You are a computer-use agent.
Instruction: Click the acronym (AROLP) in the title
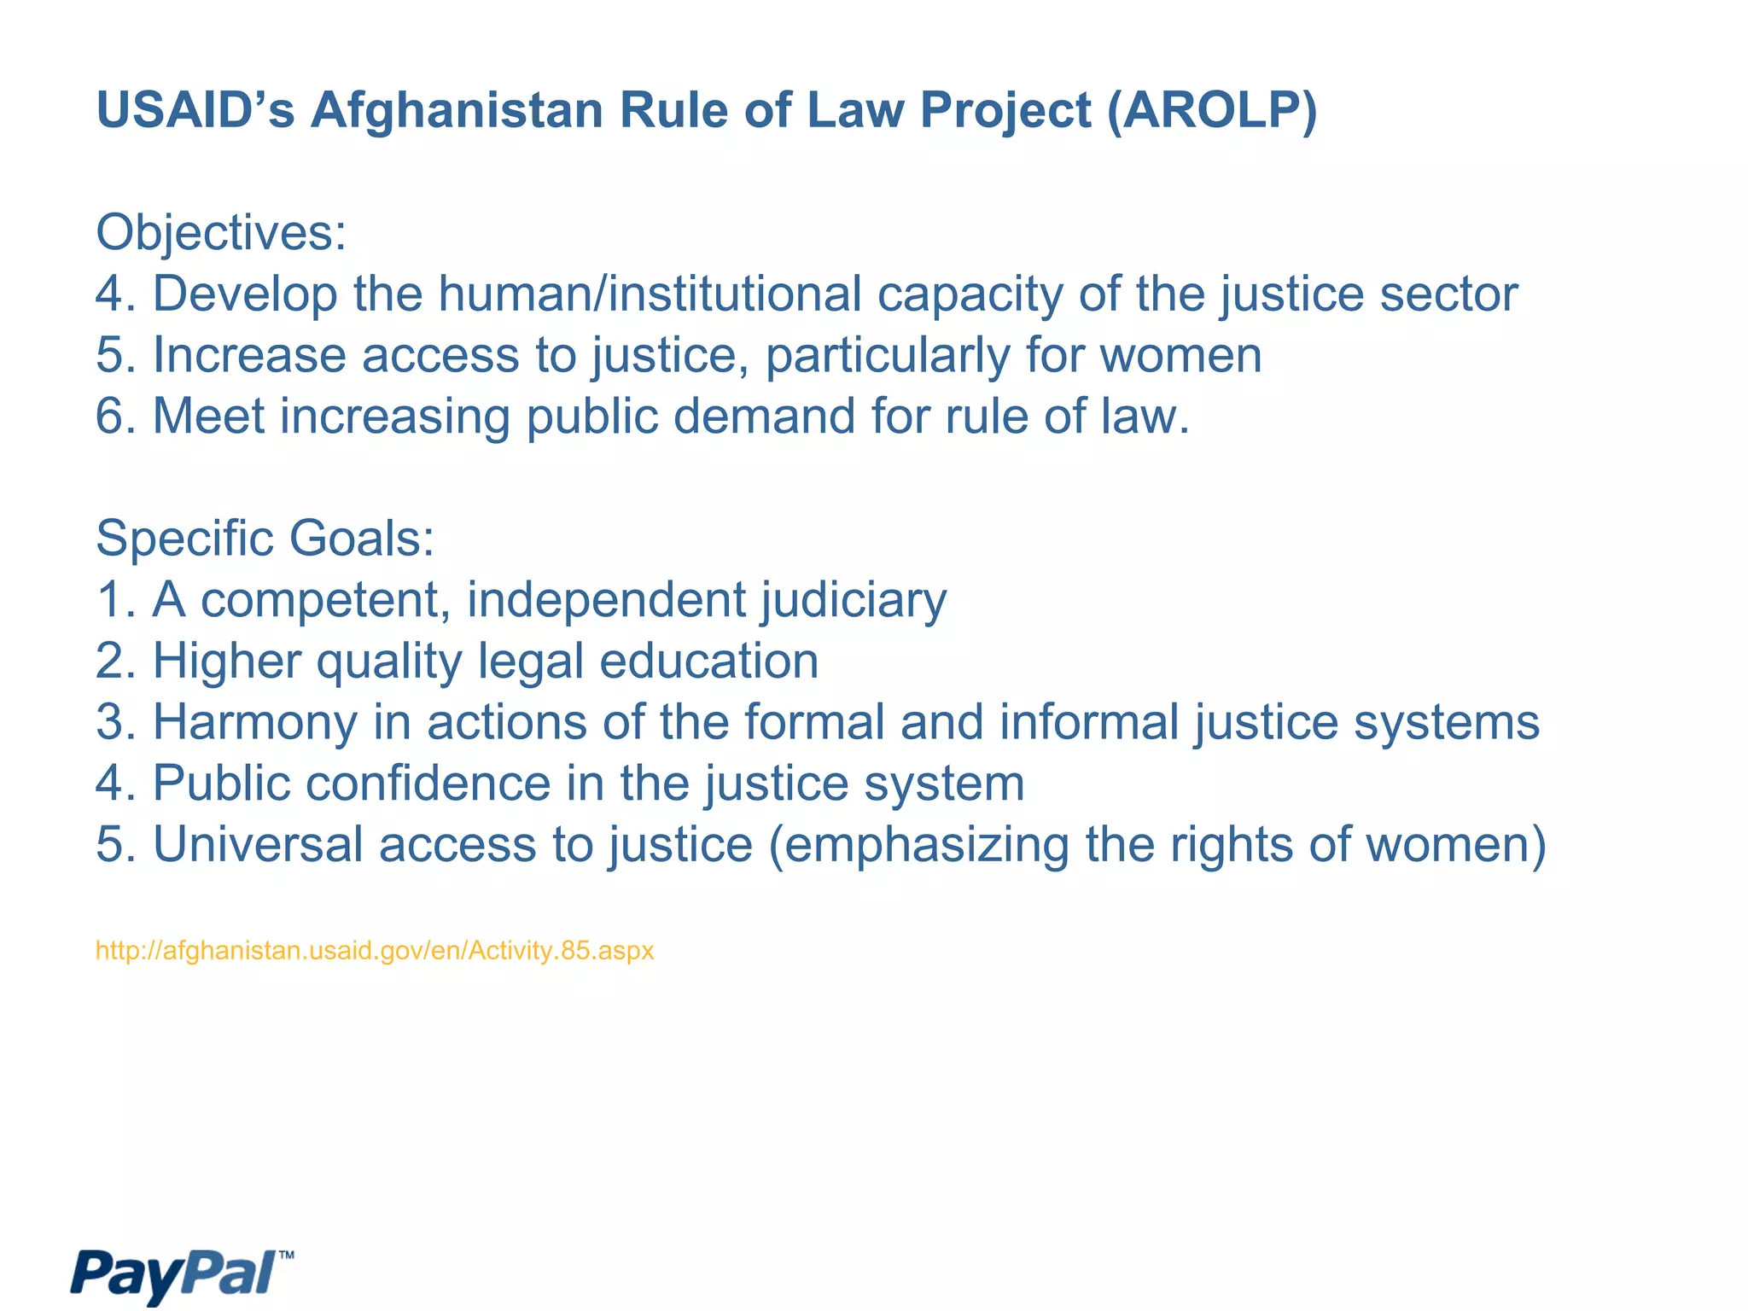1212,111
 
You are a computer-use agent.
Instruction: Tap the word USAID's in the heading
195,111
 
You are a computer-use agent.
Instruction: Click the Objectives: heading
221,232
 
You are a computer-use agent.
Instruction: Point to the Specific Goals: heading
265,539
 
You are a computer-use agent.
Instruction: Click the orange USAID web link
375,951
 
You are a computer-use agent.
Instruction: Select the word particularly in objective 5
887,355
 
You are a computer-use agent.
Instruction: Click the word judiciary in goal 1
854,600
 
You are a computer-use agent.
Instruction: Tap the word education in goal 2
708,661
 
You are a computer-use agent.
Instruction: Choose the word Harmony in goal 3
254,722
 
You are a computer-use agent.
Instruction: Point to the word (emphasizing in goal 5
918,845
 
